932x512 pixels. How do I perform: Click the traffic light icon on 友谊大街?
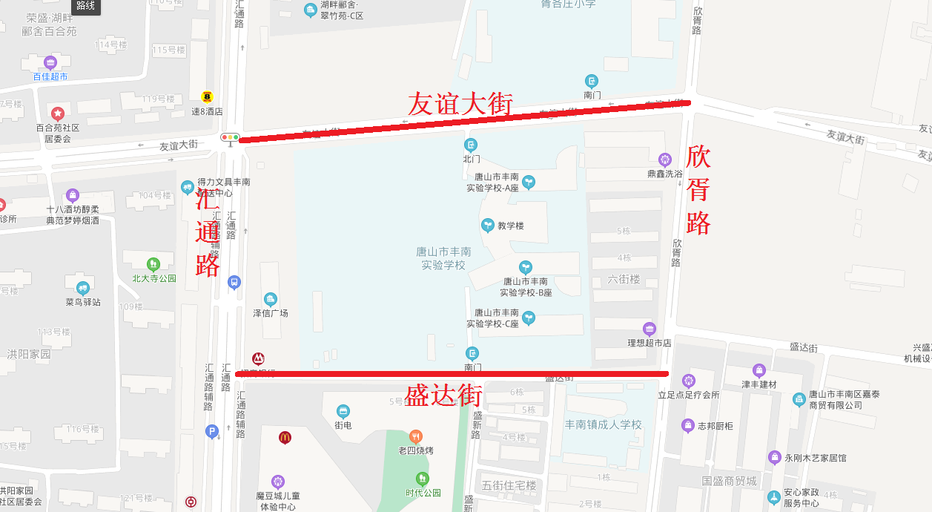(x=230, y=137)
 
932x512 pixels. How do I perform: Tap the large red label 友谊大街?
(x=460, y=104)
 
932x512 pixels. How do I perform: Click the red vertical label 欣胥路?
(x=698, y=189)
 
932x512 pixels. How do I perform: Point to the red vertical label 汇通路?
(x=208, y=234)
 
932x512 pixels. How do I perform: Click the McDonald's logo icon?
(x=285, y=438)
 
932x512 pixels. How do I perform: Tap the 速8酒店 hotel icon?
(x=207, y=97)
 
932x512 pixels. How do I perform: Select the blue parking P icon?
(x=212, y=431)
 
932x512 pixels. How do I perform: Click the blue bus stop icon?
(x=234, y=282)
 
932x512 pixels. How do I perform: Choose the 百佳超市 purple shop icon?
(x=50, y=62)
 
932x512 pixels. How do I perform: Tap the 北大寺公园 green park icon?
(x=153, y=263)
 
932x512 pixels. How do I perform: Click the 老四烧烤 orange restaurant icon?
(x=416, y=436)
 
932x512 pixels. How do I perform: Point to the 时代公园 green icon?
(x=423, y=479)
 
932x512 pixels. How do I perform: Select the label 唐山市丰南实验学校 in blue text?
(x=443, y=258)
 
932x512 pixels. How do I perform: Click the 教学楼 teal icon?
(x=487, y=225)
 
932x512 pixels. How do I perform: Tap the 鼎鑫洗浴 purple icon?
(x=665, y=159)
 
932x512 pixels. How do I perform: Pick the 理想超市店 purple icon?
(x=650, y=329)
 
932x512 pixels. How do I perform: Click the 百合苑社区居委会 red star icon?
(x=57, y=114)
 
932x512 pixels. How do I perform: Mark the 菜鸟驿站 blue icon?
(x=82, y=288)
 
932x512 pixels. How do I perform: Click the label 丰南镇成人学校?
(x=603, y=424)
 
